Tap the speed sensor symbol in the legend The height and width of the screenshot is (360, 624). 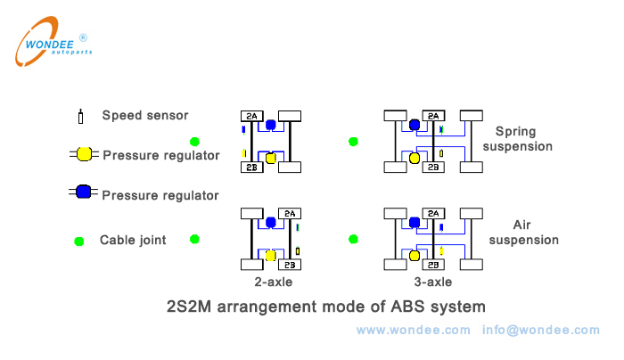tap(80, 116)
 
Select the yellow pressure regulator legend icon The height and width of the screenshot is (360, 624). tap(84, 154)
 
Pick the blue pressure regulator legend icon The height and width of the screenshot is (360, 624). tap(84, 192)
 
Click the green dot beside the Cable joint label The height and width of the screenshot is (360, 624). tap(79, 241)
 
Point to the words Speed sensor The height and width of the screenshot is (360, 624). tap(145, 115)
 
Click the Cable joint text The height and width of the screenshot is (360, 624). tap(133, 241)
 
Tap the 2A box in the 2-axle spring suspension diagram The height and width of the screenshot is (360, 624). tap(251, 116)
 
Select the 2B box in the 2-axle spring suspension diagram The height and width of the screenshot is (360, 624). tap(251, 167)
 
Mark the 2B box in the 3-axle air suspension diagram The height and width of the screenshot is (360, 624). tap(434, 265)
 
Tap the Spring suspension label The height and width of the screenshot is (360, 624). tap(523, 138)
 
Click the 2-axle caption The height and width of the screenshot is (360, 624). tap(272, 282)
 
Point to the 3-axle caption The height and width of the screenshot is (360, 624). tap(432, 282)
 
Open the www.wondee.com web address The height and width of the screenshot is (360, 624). tap(413, 331)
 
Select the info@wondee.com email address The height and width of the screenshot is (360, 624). tap(541, 331)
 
